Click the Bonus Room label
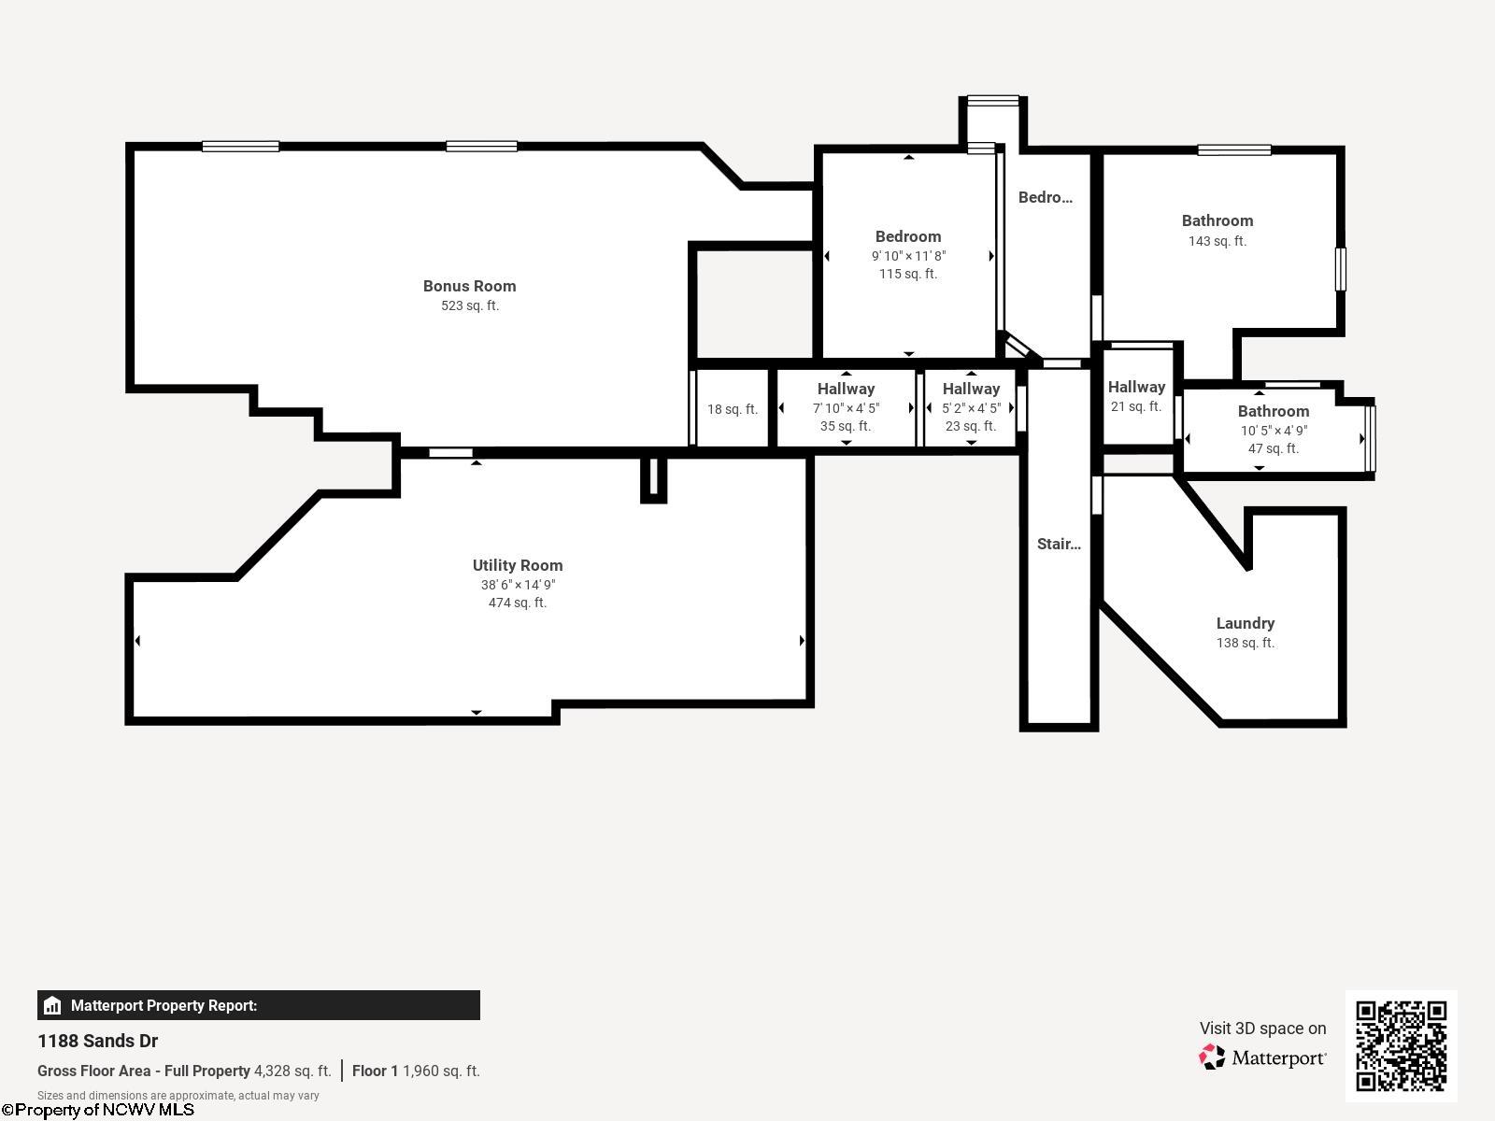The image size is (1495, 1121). [469, 286]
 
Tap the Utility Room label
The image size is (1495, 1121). [518, 565]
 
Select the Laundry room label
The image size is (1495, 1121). [1245, 623]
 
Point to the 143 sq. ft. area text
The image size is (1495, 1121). [1217, 241]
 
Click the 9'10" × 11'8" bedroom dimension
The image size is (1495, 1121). [908, 256]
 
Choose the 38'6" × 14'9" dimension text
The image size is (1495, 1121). [518, 585]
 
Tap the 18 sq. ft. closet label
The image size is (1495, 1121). [733, 409]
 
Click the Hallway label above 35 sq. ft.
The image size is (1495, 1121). [846, 389]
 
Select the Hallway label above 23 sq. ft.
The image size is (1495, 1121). [971, 389]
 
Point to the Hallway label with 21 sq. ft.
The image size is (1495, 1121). [1136, 387]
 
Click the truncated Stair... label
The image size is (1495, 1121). [1059, 544]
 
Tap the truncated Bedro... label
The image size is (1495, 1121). [1045, 197]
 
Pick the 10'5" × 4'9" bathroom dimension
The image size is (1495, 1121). [1274, 430]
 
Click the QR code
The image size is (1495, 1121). [1401, 1045]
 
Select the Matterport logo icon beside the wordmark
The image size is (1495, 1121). [1212, 1057]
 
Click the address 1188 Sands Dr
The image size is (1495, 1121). [97, 1041]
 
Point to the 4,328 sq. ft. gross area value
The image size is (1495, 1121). [292, 1071]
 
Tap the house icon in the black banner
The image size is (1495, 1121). [51, 1005]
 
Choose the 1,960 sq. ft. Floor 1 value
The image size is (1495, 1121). [441, 1071]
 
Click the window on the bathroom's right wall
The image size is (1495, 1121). [1341, 269]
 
